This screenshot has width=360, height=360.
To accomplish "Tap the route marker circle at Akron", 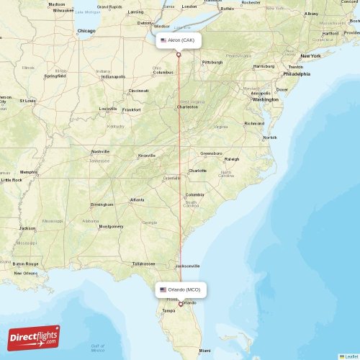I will [178, 55].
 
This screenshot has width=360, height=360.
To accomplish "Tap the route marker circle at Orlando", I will [181, 304].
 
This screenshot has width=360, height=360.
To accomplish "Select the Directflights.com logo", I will [35, 337].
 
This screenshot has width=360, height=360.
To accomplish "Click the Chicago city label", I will [86, 31].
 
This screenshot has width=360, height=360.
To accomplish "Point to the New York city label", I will [310, 55].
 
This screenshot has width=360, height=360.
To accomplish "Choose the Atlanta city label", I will [137, 199].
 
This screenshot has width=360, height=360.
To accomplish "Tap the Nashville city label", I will [100, 152].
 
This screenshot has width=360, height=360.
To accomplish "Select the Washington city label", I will [265, 99].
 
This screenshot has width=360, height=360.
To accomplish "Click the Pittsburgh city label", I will [212, 62].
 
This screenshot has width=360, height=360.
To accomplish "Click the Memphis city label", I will [29, 172].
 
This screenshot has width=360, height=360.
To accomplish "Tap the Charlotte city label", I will [197, 171].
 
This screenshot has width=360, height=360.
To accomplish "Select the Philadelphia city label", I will [296, 73].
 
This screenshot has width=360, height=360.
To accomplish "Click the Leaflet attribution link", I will [350, 356].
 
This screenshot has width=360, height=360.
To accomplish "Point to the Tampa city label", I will [168, 310].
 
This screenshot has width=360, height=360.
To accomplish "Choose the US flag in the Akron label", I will [163, 40].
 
